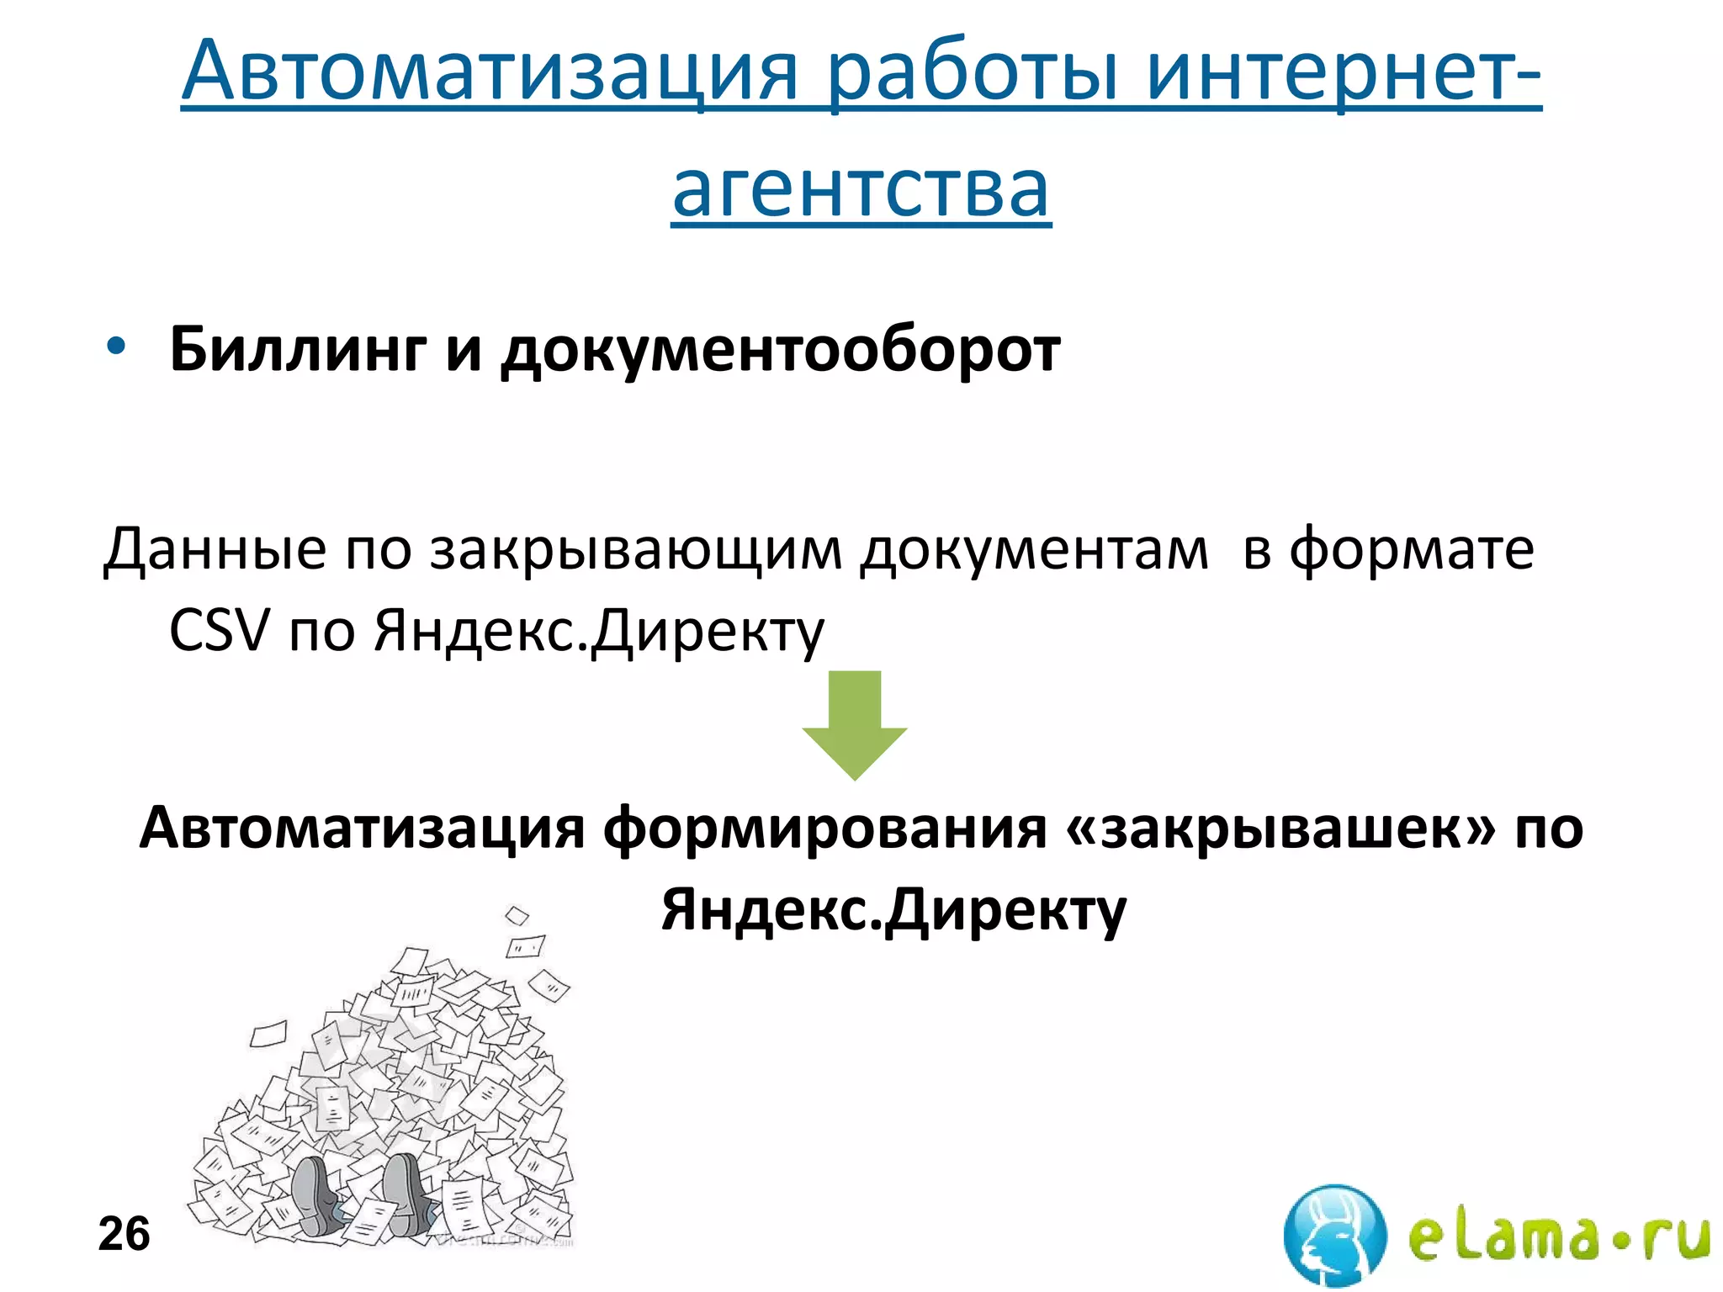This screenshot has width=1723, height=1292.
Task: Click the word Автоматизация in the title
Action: pos(488,71)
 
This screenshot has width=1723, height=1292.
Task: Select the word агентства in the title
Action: pos(861,188)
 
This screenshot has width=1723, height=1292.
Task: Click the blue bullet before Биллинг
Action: pos(115,346)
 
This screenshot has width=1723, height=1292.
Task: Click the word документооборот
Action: pos(781,349)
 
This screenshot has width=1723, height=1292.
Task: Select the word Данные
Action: pos(215,549)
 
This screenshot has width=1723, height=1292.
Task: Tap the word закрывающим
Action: pos(636,549)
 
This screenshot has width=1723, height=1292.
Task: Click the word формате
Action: pos(1412,549)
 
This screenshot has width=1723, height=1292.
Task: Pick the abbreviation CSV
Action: pos(220,630)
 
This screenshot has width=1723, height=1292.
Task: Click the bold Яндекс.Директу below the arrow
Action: pos(893,911)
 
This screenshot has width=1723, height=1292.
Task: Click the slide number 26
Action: pos(124,1234)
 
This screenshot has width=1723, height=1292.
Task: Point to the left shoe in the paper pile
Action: pos(315,1194)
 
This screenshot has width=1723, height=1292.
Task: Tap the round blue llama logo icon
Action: pos(1335,1235)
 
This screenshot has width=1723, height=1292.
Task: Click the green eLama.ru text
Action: pos(1559,1236)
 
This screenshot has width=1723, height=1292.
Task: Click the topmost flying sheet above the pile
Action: pos(516,915)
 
